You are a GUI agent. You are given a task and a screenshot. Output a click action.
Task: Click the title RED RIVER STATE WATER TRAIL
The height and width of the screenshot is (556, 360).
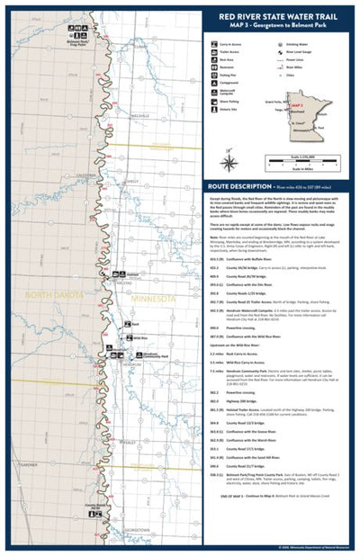pyautogui.click(x=279, y=15)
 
